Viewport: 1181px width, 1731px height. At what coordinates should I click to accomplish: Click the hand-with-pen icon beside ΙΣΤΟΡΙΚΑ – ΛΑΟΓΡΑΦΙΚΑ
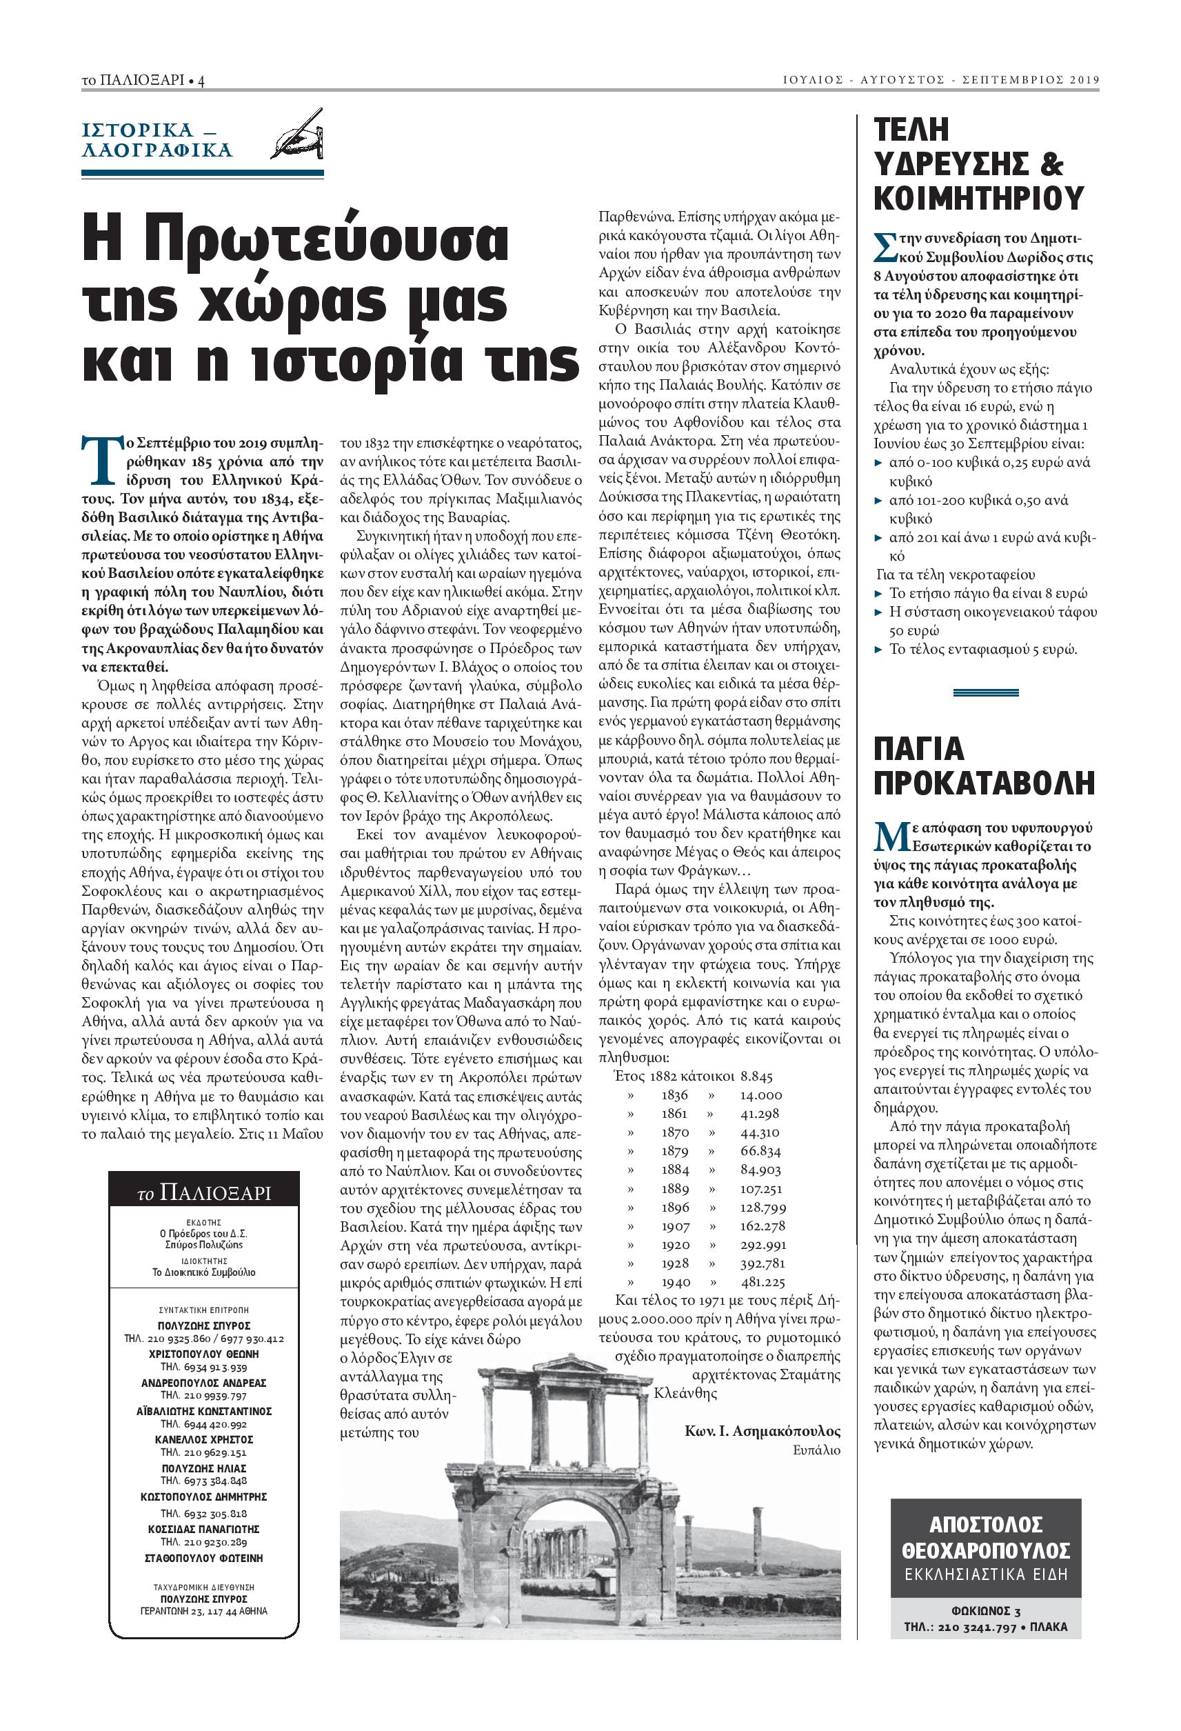click(x=299, y=134)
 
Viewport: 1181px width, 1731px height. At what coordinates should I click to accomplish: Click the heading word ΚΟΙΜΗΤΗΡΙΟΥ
click(x=978, y=198)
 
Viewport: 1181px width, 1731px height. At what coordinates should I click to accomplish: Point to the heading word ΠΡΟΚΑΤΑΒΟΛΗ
click(x=984, y=783)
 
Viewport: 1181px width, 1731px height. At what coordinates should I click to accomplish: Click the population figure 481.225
click(x=763, y=1283)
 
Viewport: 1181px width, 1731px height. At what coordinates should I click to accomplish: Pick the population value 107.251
click(x=760, y=1189)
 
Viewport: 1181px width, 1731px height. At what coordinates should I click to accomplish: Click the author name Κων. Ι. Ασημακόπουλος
click(x=762, y=1431)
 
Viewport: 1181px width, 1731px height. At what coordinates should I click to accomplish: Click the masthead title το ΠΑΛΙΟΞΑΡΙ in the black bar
click(x=204, y=1193)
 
